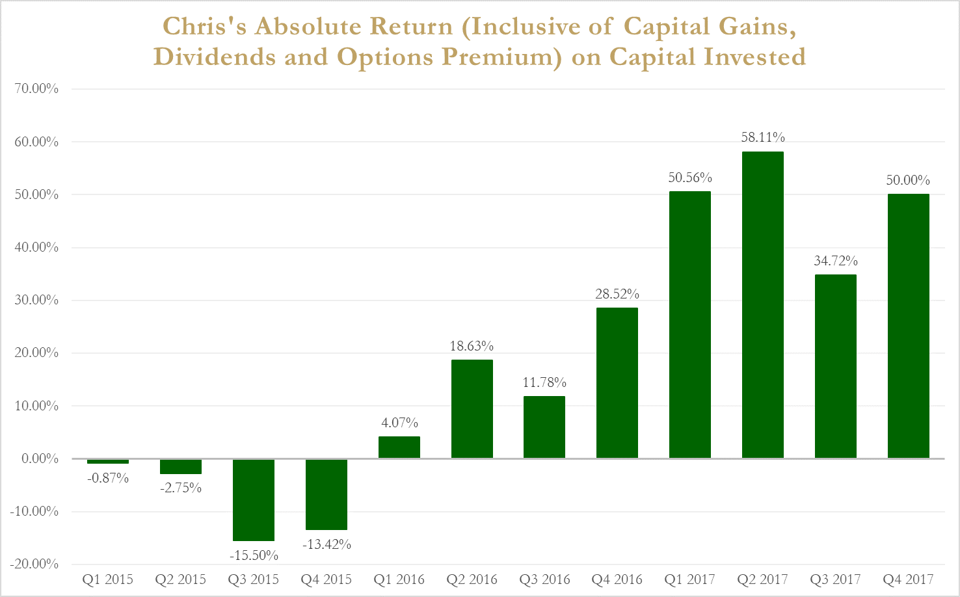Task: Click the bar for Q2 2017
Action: tap(762, 305)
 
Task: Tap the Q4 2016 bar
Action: tap(617, 383)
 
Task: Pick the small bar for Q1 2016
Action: tap(399, 447)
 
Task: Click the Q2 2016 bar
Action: tap(472, 409)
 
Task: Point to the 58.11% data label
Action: tap(763, 137)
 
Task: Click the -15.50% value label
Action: tap(254, 555)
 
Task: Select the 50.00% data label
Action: tap(908, 180)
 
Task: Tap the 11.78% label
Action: tap(544, 382)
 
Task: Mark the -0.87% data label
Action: tap(108, 478)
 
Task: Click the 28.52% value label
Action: tap(617, 294)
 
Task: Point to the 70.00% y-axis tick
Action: tap(36, 88)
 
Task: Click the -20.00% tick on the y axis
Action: tap(34, 564)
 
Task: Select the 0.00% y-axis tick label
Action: tap(40, 458)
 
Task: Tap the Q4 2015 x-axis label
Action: tap(326, 579)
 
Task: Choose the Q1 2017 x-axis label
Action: tap(689, 579)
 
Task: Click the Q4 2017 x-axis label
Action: tap(908, 579)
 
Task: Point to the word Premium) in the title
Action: tap(501, 57)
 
